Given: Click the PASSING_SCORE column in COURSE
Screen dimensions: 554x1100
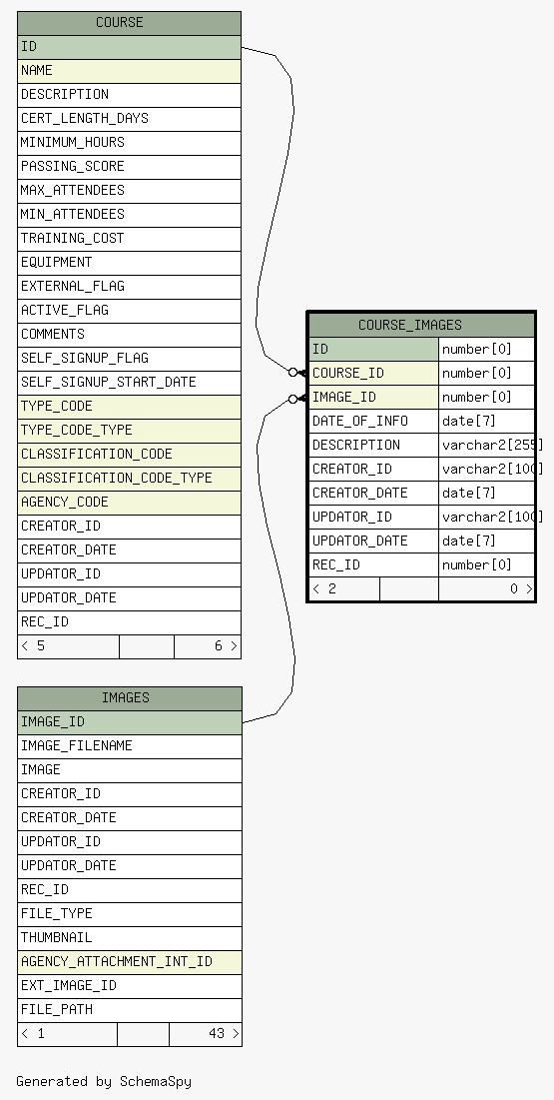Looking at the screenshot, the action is tap(129, 166).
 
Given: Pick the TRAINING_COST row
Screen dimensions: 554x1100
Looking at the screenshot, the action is tap(129, 239).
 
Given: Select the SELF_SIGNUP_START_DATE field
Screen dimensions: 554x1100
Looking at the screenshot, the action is tap(129, 383).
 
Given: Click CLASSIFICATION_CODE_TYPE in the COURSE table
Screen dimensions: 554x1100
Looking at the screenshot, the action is tap(129, 479).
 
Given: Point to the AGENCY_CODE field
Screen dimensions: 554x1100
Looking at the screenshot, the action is tap(129, 503).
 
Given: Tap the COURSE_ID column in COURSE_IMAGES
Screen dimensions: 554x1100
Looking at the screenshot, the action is tap(373, 374).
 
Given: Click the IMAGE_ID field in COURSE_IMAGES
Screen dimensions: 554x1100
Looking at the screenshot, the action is tap(373, 397).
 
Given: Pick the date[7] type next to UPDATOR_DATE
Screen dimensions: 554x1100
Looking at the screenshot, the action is tap(487, 541).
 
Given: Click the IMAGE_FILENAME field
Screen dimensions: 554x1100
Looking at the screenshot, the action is tap(130, 746).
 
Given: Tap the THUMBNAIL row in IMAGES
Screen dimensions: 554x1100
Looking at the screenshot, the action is tap(130, 938).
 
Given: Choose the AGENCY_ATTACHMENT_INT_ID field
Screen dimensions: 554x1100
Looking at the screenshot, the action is tap(130, 962).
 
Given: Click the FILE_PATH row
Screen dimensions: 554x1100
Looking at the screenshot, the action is tap(130, 1010).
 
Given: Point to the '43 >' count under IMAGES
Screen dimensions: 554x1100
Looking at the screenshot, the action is tap(224, 1034).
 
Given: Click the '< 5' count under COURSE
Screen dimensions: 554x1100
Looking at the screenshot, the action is tap(33, 646).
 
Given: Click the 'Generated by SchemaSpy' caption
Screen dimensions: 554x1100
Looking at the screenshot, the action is tap(104, 1082).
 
